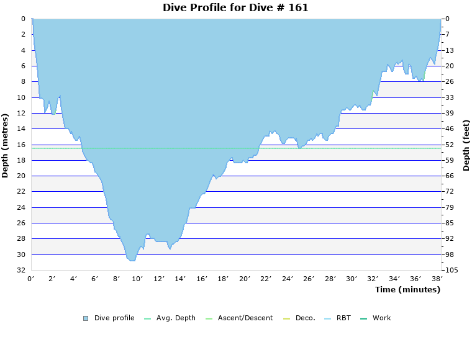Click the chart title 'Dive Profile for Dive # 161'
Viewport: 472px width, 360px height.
coord(235,8)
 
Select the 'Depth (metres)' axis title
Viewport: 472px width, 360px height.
coord(6,145)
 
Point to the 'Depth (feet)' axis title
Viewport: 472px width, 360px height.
coord(466,145)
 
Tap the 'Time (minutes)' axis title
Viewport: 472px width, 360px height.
coord(407,290)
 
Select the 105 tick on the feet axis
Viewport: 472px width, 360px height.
coord(452,271)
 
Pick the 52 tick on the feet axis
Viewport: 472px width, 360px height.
coord(450,145)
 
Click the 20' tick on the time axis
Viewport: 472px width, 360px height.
coord(245,279)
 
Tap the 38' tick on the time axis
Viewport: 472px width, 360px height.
coord(437,279)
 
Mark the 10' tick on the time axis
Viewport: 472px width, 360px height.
coord(138,279)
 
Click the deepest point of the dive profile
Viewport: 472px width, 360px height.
coord(132,261)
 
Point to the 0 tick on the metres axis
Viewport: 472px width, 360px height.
coord(23,19)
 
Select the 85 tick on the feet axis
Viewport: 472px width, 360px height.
coord(450,223)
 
